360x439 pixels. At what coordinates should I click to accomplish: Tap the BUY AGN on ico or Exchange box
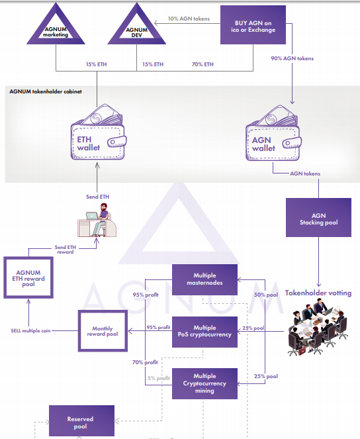pos(253,25)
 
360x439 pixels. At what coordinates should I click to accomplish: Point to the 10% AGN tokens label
pos(189,19)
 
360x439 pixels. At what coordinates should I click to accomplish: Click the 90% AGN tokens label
pos(292,58)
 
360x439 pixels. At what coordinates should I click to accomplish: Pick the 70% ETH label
pos(202,64)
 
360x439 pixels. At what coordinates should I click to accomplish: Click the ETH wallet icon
pos(98,132)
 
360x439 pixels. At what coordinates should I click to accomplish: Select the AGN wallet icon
pos(273,132)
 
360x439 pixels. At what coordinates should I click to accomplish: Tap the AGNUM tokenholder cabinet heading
pos(46,91)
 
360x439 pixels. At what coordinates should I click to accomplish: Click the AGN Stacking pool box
pos(318,218)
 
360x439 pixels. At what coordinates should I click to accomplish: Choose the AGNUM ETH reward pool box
pos(28,277)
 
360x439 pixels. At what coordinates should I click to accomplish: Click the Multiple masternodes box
pos(204,279)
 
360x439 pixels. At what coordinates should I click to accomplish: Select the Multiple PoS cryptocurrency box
pos(204,332)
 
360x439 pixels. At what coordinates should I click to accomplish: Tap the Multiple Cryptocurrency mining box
pos(204,383)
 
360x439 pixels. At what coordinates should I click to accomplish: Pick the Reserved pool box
pos(81,421)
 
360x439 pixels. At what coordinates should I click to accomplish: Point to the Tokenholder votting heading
pos(318,293)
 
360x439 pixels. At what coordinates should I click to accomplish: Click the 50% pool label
pos(266,295)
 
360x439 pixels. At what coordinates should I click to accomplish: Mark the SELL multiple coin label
pos(30,330)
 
